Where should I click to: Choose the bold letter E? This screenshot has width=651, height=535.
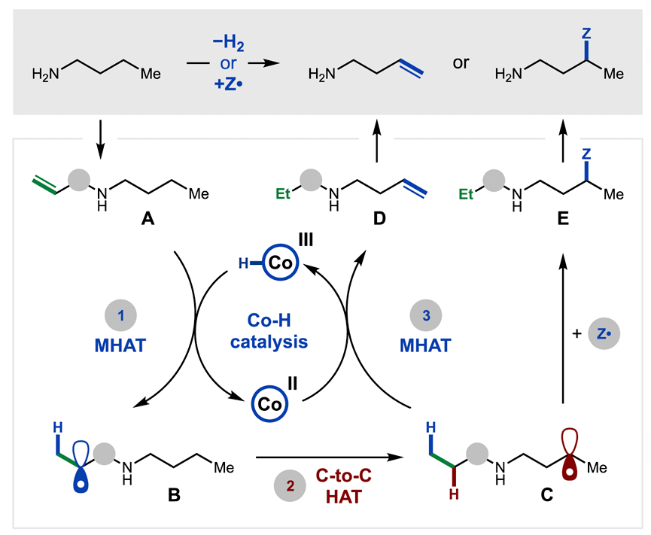click(x=563, y=223)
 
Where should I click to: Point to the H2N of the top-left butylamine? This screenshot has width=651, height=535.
click(x=50, y=75)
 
